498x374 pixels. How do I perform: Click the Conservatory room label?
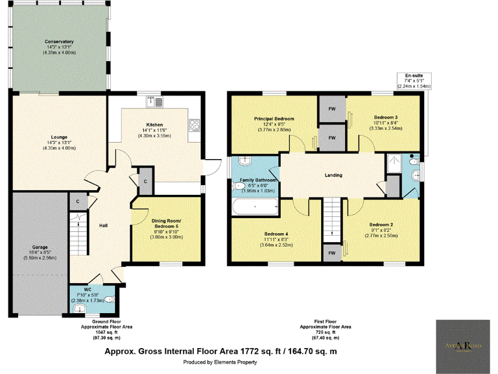(59, 42)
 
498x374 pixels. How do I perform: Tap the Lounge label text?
(59, 137)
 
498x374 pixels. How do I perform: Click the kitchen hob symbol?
(194, 125)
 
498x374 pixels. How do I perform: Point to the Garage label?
(40, 247)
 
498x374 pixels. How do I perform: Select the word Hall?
(103, 225)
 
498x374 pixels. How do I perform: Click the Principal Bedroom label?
(274, 119)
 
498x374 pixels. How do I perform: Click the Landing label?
(333, 175)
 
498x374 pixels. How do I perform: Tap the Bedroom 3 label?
(386, 118)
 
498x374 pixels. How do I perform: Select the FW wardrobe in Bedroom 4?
(331, 253)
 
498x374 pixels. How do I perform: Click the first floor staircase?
(331, 217)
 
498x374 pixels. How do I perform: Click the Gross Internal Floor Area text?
(221, 351)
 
